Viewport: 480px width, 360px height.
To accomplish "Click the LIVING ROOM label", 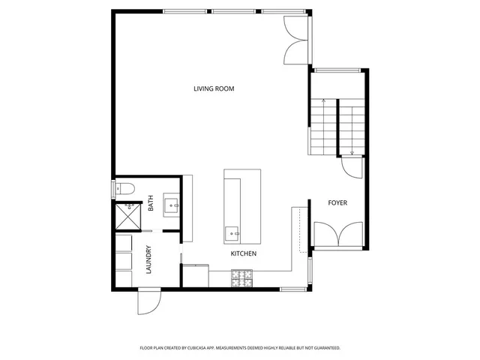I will coord(214,88).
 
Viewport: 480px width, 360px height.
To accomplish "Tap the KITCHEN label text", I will coord(244,254).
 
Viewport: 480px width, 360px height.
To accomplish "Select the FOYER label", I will coord(337,203).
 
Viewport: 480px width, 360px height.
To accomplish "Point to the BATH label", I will coord(151,202).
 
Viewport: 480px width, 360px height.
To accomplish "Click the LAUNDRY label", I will coord(148,259).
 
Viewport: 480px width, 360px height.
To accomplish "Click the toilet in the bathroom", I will coord(124,187).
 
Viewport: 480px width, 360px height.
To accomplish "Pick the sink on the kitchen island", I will coord(232,232).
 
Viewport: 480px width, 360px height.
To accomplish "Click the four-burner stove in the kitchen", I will coord(244,279).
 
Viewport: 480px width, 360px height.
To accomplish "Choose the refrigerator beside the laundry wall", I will coord(195,275).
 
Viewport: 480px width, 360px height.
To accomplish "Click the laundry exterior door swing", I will coord(148,303).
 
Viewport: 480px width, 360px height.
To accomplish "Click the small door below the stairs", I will coord(351,167).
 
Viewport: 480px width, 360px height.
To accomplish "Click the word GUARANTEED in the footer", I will coord(326,348).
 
